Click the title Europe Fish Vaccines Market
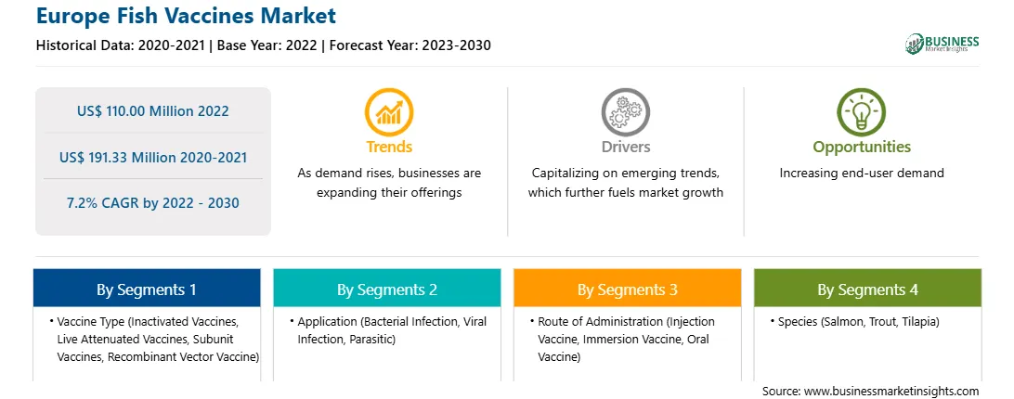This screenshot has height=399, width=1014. point(186,16)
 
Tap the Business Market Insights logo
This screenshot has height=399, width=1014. point(942,44)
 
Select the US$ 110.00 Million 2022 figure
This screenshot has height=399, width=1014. point(152,110)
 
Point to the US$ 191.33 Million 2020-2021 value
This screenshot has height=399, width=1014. point(152,157)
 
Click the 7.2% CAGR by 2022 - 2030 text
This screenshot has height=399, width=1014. point(152,202)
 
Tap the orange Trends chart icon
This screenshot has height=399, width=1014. point(389,112)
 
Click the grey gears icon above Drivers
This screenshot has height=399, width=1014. point(625,112)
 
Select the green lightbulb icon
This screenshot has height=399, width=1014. point(862,112)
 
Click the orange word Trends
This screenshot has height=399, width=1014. point(389,147)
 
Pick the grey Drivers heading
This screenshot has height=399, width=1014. point(625,147)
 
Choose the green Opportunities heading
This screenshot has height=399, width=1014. point(862,148)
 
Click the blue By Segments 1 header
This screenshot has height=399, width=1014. point(147,289)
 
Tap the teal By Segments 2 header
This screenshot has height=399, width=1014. point(386,289)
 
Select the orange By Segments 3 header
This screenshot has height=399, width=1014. point(628,289)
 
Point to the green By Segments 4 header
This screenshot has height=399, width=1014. point(868,289)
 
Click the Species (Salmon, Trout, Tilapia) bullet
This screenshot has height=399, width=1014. point(856,321)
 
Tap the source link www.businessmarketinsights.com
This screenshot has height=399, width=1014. point(891,392)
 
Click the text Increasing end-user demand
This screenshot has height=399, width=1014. point(862,173)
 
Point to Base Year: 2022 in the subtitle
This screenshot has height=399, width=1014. point(267,45)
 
